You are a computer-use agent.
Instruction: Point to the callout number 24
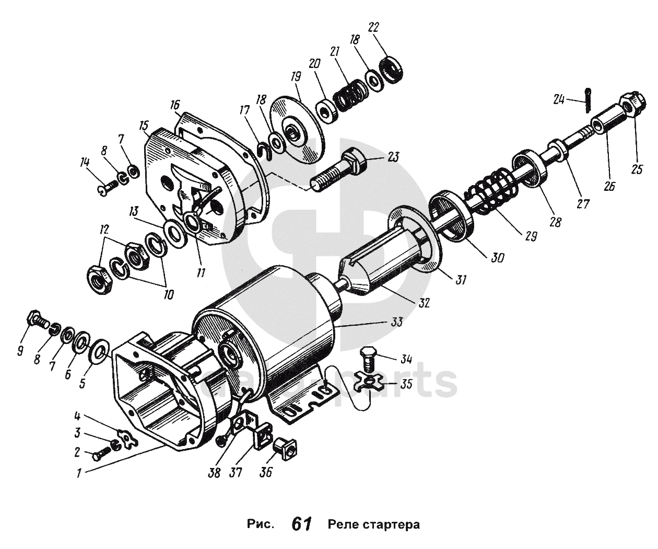[x=559, y=98]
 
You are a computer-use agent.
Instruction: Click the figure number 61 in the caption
[x=302, y=524]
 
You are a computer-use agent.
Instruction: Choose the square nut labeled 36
[x=285, y=448]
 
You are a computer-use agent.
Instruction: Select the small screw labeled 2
[x=102, y=453]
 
